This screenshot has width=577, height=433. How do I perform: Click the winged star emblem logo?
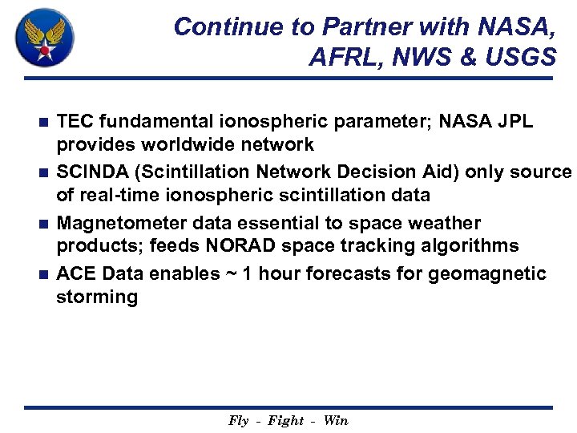tap(45, 37)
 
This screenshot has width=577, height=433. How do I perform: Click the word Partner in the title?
tap(366, 27)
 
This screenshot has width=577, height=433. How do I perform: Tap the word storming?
tap(96, 297)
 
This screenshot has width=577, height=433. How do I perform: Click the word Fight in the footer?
tap(286, 421)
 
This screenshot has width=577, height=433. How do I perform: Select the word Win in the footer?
tap(336, 421)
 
